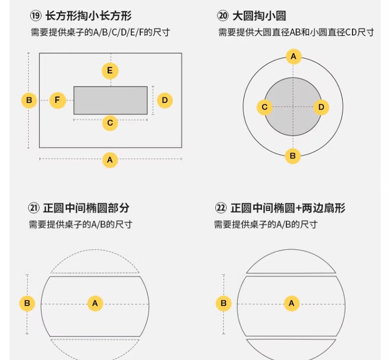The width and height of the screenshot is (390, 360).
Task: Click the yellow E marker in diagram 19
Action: (x=110, y=71)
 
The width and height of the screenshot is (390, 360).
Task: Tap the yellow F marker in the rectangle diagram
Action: (x=57, y=100)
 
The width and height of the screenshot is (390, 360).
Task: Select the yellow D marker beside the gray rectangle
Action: (x=165, y=100)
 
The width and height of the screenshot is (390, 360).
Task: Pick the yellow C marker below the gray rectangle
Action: (x=110, y=123)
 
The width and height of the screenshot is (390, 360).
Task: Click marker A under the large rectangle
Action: (x=110, y=160)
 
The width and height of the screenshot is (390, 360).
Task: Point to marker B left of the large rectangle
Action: (x=29, y=100)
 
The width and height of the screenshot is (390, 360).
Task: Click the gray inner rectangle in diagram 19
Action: (x=110, y=100)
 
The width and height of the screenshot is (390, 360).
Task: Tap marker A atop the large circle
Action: (x=293, y=57)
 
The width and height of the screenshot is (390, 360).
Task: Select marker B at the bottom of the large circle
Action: (x=293, y=156)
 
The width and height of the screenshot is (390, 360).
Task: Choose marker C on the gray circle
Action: (x=265, y=108)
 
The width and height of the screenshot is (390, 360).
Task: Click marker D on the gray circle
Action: (x=321, y=108)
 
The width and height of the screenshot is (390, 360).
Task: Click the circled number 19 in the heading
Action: (x=35, y=16)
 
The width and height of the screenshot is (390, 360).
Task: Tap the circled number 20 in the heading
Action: (x=223, y=16)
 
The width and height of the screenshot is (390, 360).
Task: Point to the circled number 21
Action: (x=34, y=208)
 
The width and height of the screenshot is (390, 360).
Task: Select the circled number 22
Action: (x=220, y=208)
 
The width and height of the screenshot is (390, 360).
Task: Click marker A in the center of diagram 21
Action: (x=95, y=303)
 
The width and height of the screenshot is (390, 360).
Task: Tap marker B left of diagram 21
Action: (x=27, y=303)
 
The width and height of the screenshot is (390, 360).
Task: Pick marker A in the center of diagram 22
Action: (x=292, y=303)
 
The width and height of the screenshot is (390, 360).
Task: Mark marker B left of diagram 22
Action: (x=224, y=303)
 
